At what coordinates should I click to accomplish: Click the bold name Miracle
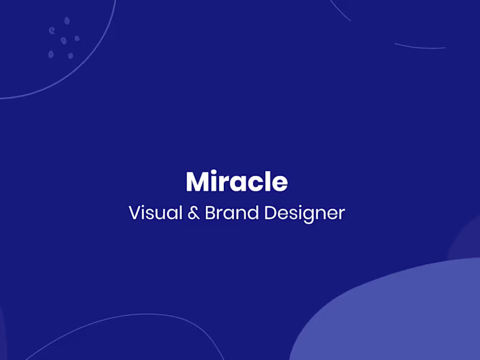click(236, 181)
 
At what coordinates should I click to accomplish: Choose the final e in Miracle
click(279, 184)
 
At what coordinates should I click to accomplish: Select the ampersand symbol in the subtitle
click(193, 213)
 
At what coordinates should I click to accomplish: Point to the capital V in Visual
click(134, 213)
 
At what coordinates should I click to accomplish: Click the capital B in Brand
click(211, 213)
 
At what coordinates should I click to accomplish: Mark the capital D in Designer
click(271, 213)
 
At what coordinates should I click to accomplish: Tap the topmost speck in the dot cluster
click(67, 20)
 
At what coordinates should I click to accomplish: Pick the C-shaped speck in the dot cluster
click(52, 29)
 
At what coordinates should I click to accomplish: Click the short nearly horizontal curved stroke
click(419, 46)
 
